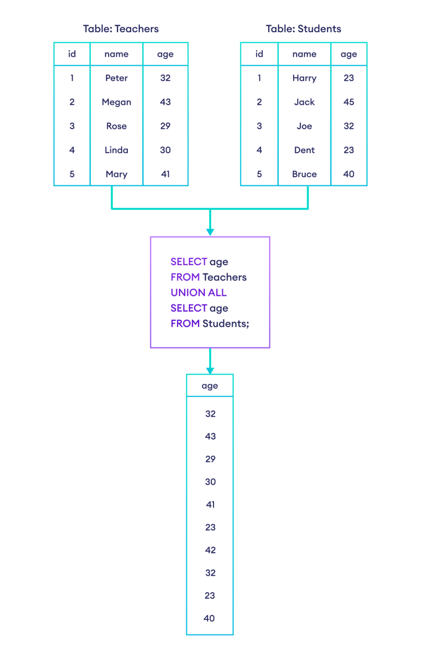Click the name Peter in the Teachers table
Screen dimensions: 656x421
116,78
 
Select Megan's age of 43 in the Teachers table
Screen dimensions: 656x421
165,102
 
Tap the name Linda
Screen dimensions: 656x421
116,150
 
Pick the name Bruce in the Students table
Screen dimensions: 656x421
304,174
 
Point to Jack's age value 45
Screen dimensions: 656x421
348,102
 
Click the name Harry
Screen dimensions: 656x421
304,78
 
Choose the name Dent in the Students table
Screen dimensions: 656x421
304,150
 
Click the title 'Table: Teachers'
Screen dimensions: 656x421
121,28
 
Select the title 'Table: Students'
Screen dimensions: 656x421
304,28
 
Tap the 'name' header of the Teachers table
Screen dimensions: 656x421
116,54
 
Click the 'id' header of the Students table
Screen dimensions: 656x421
259,54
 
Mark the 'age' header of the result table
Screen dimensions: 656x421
210,386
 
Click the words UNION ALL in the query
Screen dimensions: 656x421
198,292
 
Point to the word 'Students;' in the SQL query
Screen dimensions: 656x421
226,324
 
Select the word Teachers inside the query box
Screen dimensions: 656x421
224,277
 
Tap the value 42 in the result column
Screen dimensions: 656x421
210,550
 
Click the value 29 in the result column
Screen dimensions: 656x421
210,459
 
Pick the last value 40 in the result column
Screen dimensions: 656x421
210,619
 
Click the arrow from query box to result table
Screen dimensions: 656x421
210,361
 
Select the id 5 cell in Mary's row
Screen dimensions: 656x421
72,174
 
